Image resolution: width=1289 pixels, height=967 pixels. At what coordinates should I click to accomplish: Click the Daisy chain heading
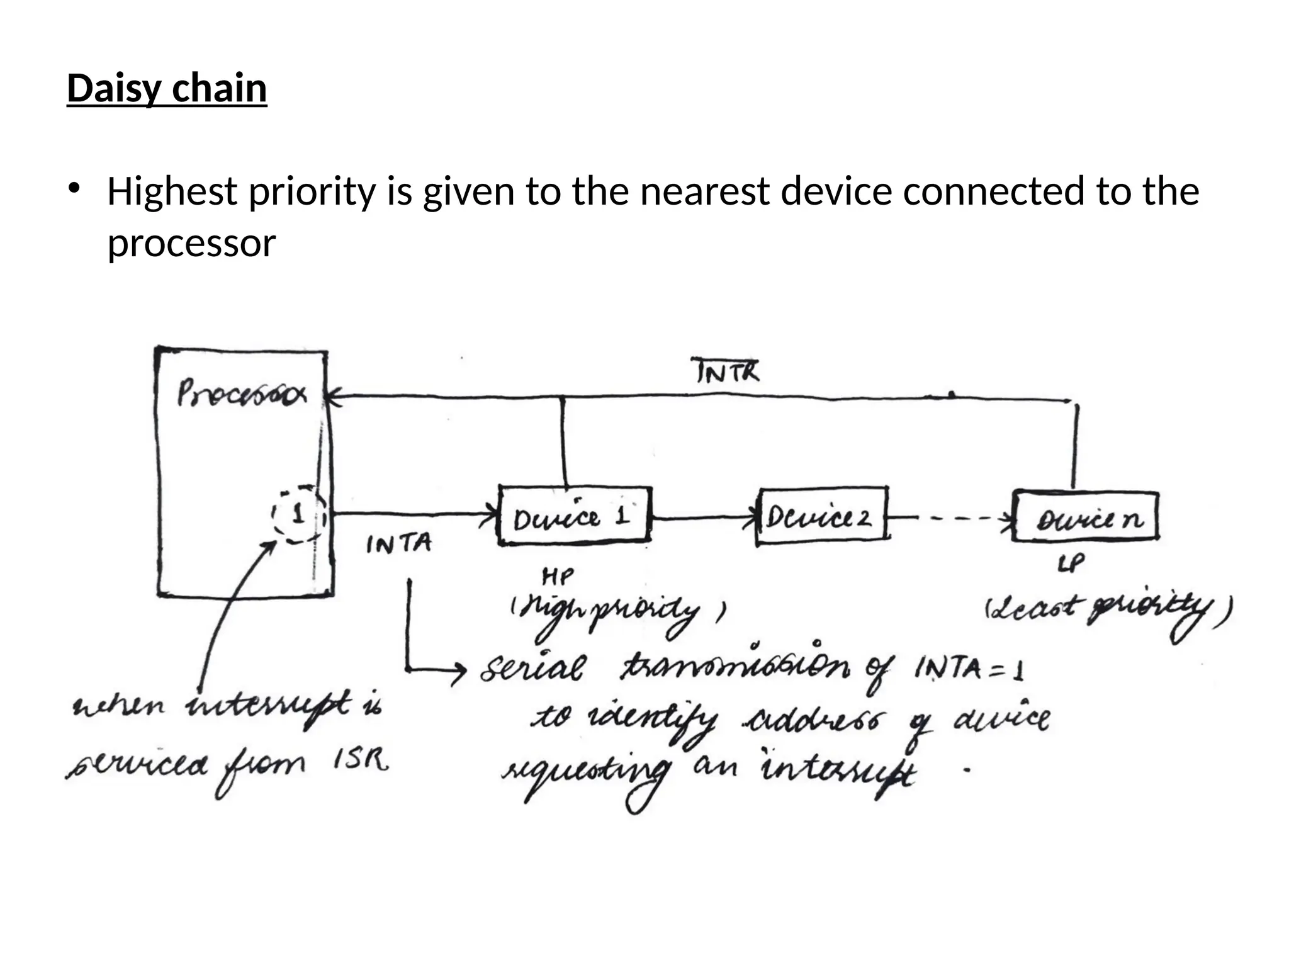(x=167, y=88)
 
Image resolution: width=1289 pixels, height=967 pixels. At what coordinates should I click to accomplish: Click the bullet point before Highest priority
(x=74, y=188)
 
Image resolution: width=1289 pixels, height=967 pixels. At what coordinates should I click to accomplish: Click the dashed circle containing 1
(x=298, y=516)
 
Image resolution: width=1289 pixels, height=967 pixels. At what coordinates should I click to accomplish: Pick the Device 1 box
(x=574, y=516)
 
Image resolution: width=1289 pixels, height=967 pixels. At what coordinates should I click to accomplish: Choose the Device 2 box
(x=822, y=516)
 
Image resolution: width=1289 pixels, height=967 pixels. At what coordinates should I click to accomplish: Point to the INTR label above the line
(x=728, y=371)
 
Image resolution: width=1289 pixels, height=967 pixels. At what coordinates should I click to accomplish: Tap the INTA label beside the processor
(x=399, y=544)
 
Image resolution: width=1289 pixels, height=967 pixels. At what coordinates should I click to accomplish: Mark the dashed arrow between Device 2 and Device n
(x=950, y=519)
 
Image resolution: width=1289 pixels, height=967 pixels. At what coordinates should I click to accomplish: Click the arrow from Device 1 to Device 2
(x=705, y=519)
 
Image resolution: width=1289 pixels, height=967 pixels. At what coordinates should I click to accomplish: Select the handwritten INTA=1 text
(x=969, y=669)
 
